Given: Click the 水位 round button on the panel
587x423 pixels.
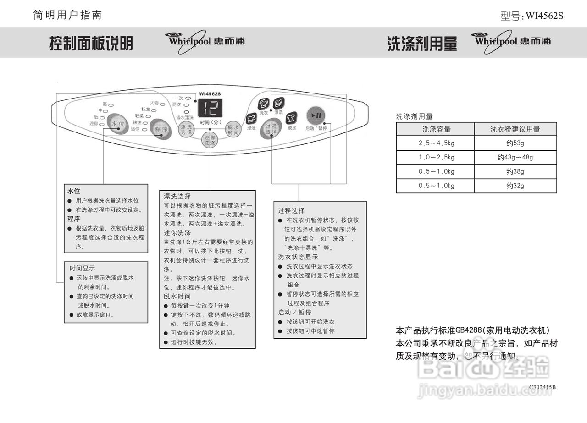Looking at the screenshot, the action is (117, 124).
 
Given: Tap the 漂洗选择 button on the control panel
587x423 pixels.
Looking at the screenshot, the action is (186, 130).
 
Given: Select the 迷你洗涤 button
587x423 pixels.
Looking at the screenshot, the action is (210, 140).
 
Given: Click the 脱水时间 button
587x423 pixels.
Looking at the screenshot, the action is (233, 129).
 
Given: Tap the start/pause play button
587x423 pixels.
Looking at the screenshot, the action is (316, 116).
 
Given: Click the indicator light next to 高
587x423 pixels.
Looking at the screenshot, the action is (111, 105).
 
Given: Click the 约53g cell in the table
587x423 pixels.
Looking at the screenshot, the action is (515, 143).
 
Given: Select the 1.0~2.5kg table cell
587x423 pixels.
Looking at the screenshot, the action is (436, 157).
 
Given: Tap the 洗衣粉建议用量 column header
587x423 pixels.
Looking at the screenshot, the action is (515, 129).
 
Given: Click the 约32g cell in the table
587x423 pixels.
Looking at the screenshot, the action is (515, 186).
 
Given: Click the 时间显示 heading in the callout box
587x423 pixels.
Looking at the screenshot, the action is (82, 268).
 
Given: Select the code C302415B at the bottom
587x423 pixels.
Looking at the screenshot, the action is (542, 387).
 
